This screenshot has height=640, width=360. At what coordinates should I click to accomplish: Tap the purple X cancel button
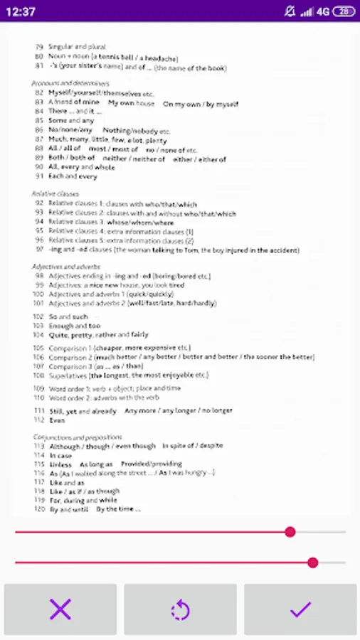point(60,609)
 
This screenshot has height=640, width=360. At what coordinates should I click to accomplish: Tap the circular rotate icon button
point(180,609)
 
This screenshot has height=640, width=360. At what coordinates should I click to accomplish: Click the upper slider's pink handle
point(290,532)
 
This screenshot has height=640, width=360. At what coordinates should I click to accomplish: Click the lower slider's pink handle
point(312,562)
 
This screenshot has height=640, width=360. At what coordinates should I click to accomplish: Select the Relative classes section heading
point(55,193)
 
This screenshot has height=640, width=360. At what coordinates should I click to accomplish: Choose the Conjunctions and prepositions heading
point(78,437)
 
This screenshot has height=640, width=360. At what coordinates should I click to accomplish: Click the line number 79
point(39,47)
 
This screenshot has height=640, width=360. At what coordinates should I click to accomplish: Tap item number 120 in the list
point(38,509)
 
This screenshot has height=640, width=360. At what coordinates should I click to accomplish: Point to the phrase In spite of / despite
point(192,446)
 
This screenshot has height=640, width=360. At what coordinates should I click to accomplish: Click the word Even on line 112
point(57,420)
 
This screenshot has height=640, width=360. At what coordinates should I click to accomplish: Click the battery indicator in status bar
point(344,11)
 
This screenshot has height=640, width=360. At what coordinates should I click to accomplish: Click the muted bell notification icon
point(289,11)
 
